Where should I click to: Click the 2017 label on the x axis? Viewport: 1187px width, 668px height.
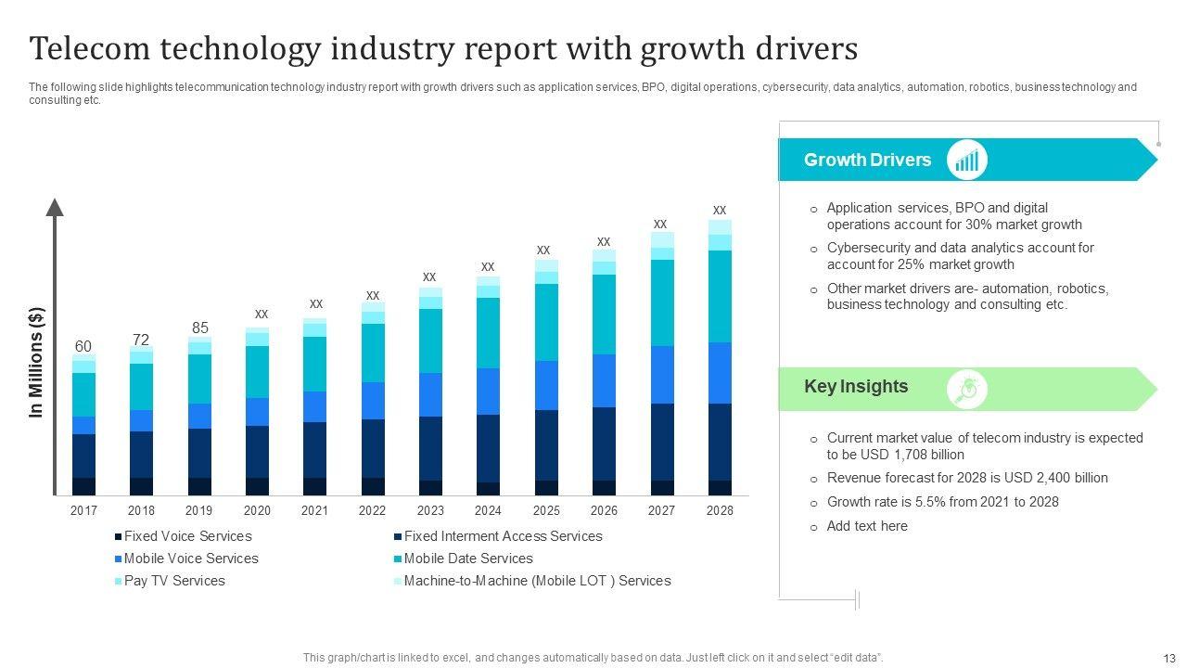point(83,510)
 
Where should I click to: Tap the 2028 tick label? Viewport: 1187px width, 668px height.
point(720,510)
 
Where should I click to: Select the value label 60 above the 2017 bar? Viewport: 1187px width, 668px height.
point(83,347)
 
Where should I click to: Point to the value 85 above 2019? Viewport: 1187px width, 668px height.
point(199,328)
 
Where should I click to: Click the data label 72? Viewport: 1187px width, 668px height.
point(141,340)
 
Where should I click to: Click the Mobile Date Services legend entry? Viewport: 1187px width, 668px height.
point(467,559)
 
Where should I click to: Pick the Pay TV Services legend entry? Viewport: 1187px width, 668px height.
point(174,581)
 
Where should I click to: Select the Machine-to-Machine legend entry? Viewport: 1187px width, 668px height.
point(537,581)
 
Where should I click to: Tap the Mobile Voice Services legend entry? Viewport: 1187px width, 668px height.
point(191,559)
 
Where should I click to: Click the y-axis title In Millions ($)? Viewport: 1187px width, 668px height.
point(37,362)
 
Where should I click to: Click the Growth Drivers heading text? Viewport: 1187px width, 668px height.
point(867,160)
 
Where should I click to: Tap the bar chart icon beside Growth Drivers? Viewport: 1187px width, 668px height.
point(967,161)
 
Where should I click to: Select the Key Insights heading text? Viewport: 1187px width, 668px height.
point(856,387)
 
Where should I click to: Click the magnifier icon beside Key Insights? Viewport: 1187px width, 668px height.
point(967,389)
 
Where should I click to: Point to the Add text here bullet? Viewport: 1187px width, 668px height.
point(867,526)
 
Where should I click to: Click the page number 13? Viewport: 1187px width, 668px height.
point(1168,658)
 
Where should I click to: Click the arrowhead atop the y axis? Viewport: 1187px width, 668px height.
point(55,207)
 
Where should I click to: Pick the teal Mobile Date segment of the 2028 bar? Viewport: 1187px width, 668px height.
point(720,296)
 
